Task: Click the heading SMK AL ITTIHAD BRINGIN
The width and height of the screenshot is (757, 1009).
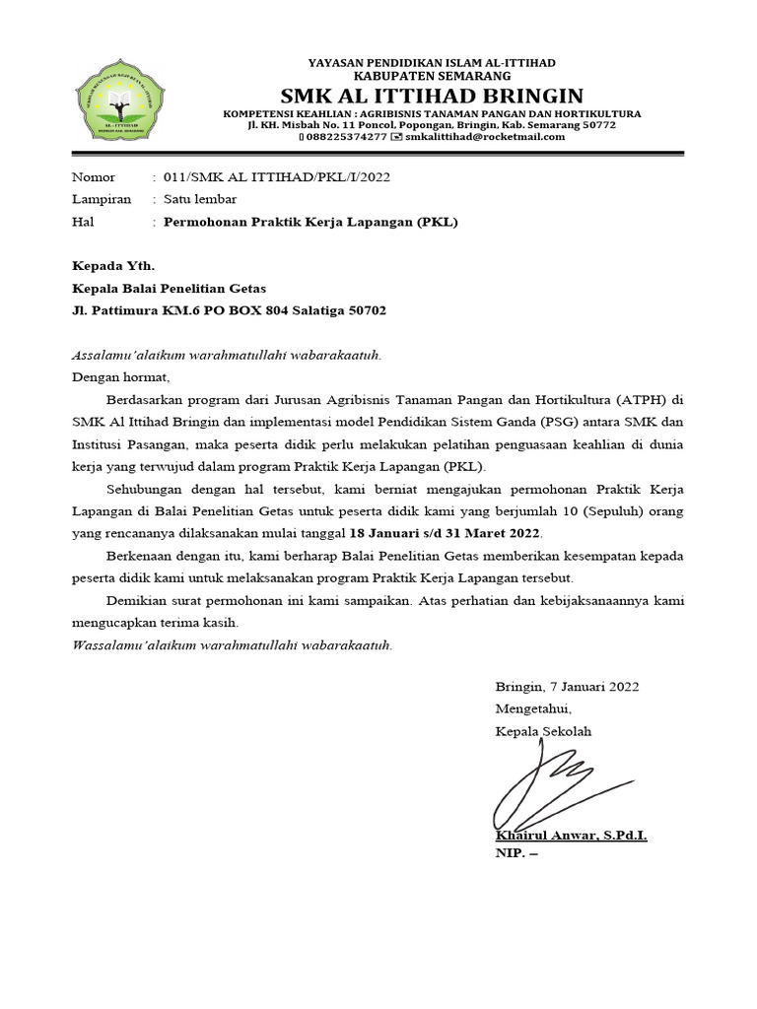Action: pyautogui.click(x=432, y=95)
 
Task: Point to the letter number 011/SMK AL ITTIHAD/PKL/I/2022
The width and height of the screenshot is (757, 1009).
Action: pyautogui.click(x=266, y=177)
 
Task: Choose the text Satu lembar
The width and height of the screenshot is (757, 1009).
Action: pyautogui.click(x=200, y=199)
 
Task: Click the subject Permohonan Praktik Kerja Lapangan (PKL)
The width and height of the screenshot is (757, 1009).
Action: pyautogui.click(x=310, y=222)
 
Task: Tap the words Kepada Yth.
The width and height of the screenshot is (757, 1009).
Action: pyautogui.click(x=113, y=266)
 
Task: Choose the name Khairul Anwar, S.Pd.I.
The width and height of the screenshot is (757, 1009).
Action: pyautogui.click(x=571, y=836)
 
